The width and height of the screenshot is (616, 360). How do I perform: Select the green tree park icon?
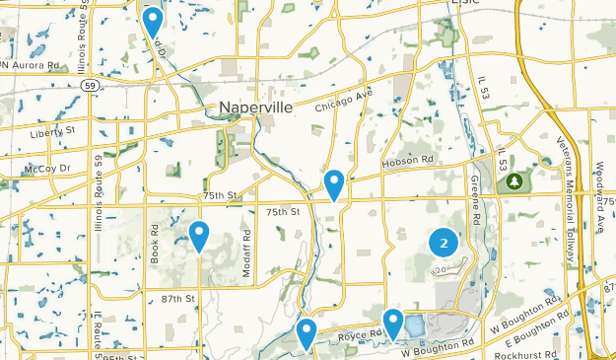[x=513, y=181]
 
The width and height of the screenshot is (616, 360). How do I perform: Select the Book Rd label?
[x=155, y=245]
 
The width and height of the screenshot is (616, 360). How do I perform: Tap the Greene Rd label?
[x=475, y=196]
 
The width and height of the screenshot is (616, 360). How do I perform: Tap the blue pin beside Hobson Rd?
[x=334, y=183]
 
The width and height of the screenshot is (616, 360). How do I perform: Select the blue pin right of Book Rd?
[x=199, y=236]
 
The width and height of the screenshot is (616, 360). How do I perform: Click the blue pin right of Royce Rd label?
[x=393, y=323]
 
